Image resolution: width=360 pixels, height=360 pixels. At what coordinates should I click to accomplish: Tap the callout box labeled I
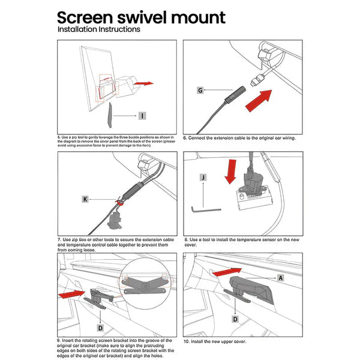point(142,116)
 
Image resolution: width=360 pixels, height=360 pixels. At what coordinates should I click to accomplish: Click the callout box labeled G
point(200,90)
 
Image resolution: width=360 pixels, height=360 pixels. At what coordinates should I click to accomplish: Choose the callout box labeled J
point(204,178)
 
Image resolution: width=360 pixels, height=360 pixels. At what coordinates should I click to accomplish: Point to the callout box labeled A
point(281,278)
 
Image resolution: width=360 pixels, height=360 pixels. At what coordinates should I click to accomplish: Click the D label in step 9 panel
point(100,328)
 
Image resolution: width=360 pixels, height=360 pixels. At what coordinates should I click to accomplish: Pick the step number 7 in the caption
point(59,239)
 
